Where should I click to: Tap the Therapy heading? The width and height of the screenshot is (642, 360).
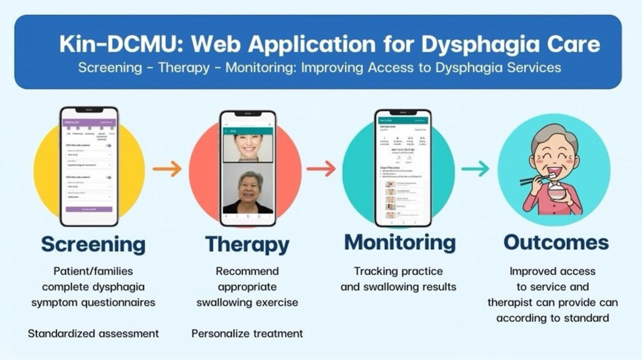pyautogui.click(x=247, y=244)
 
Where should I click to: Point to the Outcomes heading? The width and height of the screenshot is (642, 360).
pyautogui.click(x=556, y=242)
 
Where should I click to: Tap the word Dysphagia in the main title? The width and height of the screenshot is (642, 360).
pyautogui.click(x=448, y=45)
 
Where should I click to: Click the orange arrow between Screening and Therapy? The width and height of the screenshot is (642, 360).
pyautogui.click(x=167, y=168)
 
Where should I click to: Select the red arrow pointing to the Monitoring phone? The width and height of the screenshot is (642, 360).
pyautogui.click(x=321, y=168)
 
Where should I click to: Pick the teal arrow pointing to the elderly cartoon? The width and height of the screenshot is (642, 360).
pyautogui.click(x=475, y=168)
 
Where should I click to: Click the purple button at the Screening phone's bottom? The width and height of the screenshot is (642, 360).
pyautogui.click(x=89, y=209)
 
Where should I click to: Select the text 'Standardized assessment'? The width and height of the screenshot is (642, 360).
pyautogui.click(x=93, y=333)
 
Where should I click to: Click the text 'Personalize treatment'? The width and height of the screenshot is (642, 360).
pyautogui.click(x=247, y=333)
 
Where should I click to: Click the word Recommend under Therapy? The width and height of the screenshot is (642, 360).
pyautogui.click(x=247, y=272)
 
